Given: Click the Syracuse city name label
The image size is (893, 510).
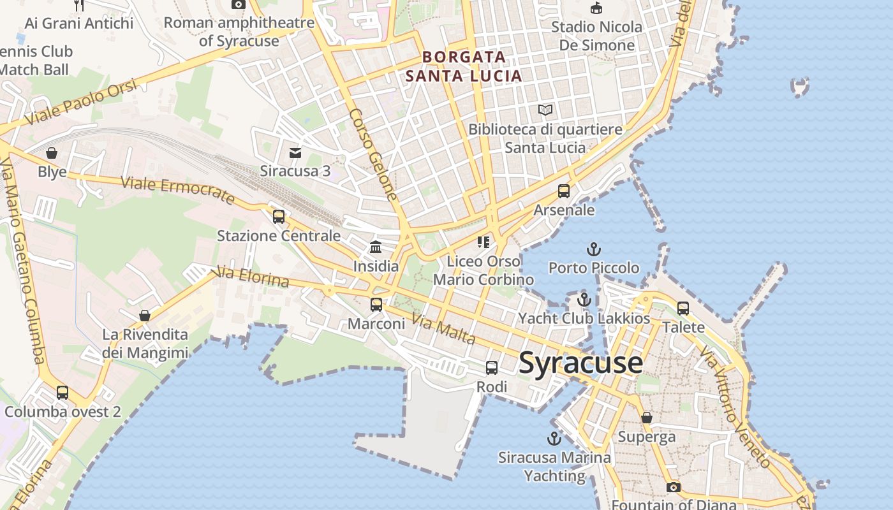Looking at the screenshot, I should click(580, 363).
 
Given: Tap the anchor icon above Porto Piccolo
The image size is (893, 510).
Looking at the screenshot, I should click(594, 249).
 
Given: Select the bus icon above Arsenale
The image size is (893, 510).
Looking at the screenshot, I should click(564, 191).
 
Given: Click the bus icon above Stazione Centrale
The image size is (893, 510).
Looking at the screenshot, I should click(279, 217).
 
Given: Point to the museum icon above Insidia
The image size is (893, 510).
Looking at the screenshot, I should click(376, 247).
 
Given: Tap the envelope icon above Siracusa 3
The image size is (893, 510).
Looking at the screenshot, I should click(295, 153).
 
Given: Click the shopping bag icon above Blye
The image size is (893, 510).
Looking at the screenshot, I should click(52, 153).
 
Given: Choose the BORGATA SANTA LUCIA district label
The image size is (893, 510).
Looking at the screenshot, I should click(464, 66).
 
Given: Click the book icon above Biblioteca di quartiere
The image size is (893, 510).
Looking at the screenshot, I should click(545, 110).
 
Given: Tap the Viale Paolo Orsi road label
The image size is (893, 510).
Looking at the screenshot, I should click(81, 103).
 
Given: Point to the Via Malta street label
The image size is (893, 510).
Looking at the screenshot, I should click(443, 328).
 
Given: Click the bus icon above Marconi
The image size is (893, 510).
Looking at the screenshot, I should click(376, 305).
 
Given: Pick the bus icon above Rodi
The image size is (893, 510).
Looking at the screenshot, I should click(492, 368).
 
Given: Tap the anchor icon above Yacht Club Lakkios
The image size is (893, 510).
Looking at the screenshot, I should click(584, 300).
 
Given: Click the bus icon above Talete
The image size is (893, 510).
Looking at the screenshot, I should click(683, 309).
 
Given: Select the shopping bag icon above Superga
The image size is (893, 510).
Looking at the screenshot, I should click(647, 418).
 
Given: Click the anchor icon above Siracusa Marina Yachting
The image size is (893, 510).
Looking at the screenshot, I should click(554, 439).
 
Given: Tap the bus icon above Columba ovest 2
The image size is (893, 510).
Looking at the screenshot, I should click(63, 393).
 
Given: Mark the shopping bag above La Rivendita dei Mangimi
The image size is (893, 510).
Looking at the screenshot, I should click(145, 316).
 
